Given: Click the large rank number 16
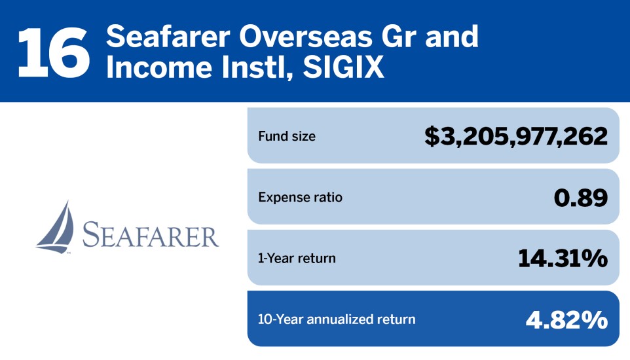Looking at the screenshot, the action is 54,52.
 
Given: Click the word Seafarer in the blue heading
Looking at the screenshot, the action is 168,36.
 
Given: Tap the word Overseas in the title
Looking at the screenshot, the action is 306,36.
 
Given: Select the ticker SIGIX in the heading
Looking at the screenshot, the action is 344,67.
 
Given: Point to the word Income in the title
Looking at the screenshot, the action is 159,67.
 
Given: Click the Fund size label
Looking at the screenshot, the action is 287,136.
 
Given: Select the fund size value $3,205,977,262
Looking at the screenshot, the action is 516,137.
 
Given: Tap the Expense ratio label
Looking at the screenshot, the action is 300,197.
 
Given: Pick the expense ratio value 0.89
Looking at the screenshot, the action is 581,198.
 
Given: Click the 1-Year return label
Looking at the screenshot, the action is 297,259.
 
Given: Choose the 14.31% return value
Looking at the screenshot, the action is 563,259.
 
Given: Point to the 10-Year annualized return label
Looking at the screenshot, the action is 337,319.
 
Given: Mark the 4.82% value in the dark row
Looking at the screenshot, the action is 566,320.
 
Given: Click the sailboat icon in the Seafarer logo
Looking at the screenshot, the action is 56,227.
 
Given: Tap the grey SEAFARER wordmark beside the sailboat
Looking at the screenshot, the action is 151,234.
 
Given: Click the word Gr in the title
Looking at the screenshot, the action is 399,36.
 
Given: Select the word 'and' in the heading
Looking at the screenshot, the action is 452,36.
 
